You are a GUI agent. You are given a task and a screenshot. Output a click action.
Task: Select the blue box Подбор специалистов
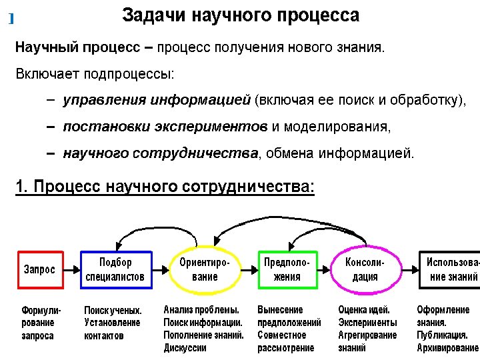point(115,270)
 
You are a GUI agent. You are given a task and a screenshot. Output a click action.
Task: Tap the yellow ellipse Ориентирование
point(205,270)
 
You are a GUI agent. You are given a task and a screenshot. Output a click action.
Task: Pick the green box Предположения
point(287,270)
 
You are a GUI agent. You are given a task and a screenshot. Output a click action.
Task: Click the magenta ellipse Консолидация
point(365,270)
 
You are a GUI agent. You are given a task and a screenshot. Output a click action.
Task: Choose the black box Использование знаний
point(451,270)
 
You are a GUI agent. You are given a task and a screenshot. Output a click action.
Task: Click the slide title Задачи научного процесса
point(241,16)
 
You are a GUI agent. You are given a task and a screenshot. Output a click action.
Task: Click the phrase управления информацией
point(156,101)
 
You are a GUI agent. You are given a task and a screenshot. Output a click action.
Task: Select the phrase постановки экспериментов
point(165,127)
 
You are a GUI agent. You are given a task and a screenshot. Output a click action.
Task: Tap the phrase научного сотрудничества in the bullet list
point(160,153)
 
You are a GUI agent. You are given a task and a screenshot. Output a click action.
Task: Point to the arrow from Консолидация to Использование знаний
point(408,269)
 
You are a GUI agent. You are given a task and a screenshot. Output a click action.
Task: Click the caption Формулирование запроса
point(41,323)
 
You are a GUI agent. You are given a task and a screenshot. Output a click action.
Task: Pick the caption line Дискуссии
point(185,348)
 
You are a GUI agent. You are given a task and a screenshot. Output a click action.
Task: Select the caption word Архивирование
point(447,348)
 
